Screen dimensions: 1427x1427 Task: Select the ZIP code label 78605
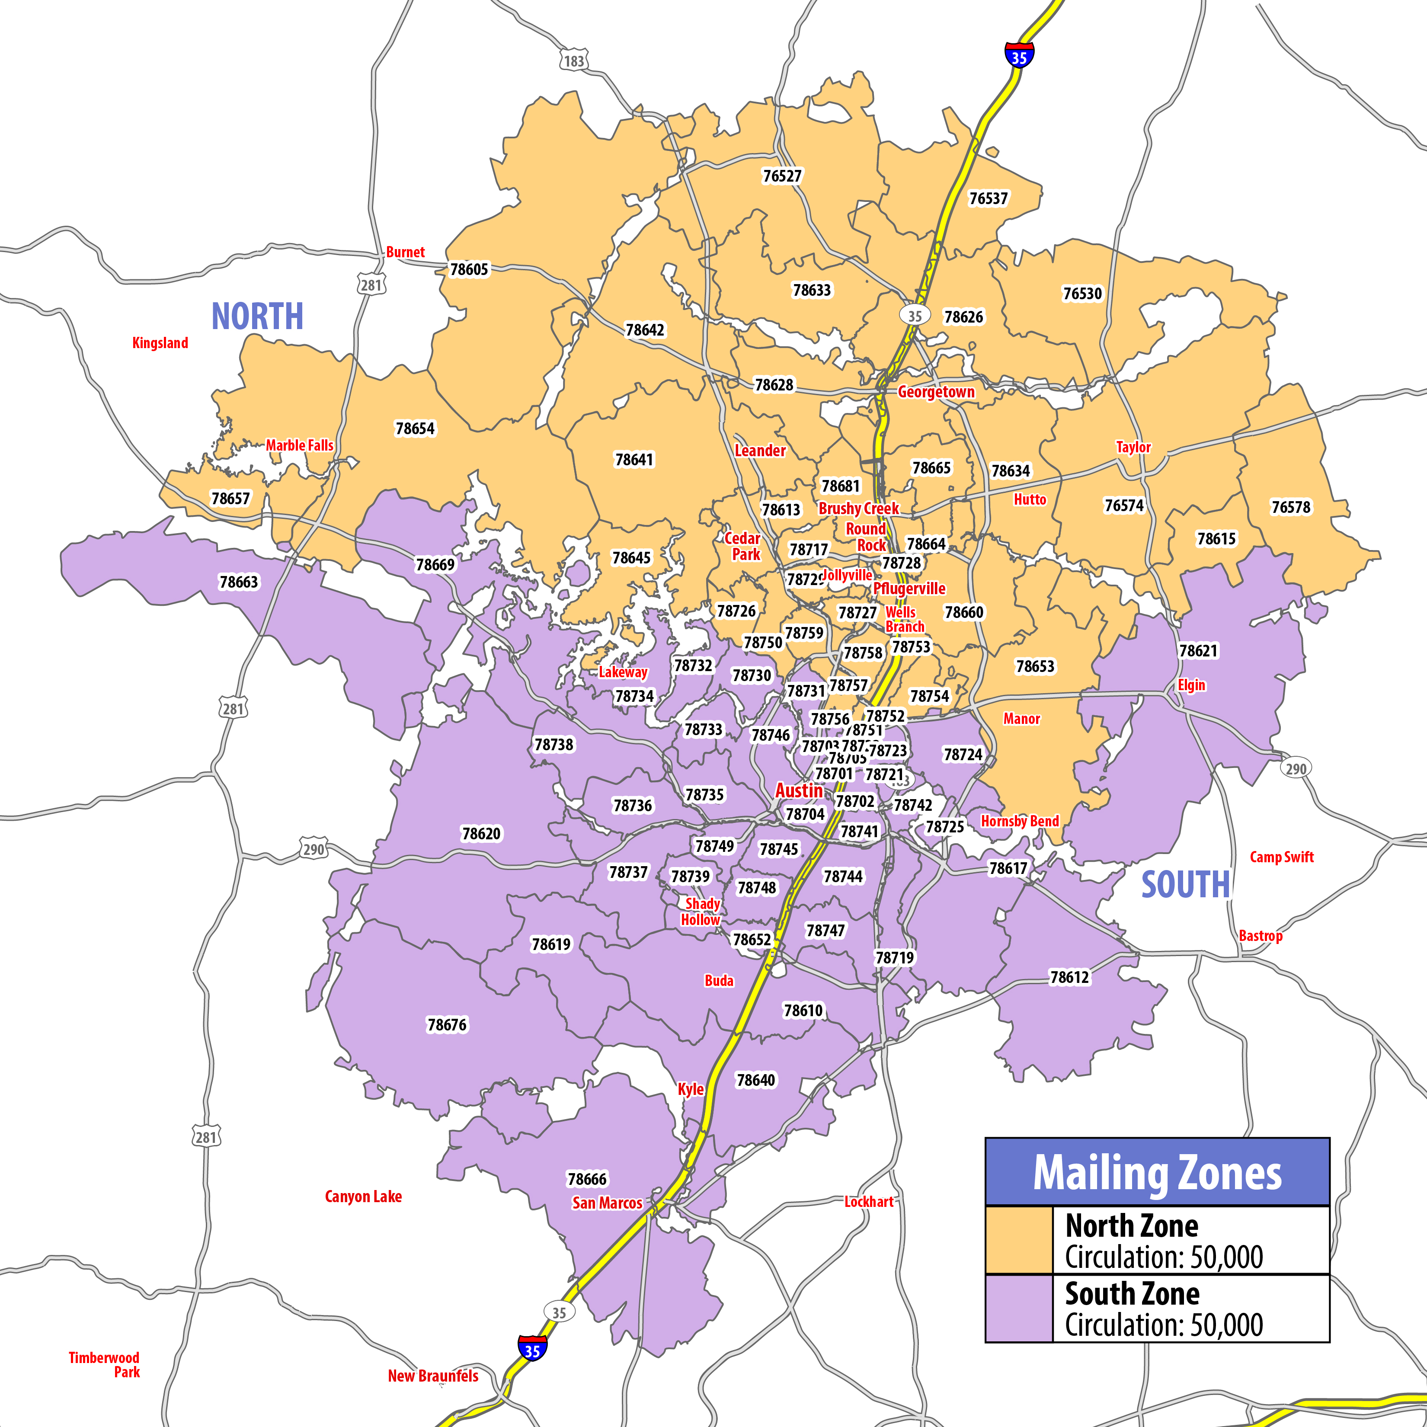(469, 269)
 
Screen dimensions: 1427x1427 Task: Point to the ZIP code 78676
(447, 1024)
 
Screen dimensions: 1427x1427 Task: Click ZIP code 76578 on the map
(1290, 507)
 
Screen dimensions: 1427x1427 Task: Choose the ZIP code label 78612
(1069, 977)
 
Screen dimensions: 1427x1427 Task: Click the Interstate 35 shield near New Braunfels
(532, 1350)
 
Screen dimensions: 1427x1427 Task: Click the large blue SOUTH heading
(1185, 884)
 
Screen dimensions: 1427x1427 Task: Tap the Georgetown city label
(936, 391)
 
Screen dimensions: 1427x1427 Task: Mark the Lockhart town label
(869, 1202)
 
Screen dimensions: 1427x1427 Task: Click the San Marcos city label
(607, 1203)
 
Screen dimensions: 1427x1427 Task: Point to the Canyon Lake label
(363, 1197)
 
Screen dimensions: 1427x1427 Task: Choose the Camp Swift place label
(1282, 857)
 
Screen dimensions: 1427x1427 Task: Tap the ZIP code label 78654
(415, 429)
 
